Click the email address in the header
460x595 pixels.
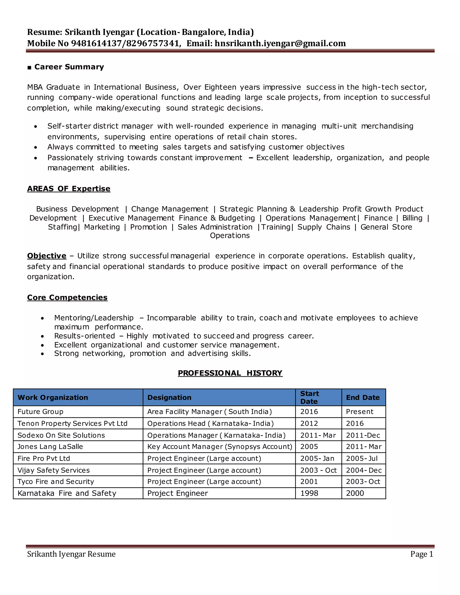[280, 43]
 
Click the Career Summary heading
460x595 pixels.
[69, 67]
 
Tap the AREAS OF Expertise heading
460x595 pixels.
[69, 189]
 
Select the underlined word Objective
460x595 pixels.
[46, 256]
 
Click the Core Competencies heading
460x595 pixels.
[67, 297]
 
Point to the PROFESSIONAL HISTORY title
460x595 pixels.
[230, 373]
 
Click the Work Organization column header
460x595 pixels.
[53, 397]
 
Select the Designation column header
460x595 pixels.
[169, 397]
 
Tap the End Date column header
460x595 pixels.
[363, 397]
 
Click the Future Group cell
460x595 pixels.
[40, 412]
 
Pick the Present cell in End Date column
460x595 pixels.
[359, 412]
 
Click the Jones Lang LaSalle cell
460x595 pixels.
[50, 447]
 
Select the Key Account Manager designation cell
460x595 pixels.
[220, 447]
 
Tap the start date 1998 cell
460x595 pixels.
[309, 493]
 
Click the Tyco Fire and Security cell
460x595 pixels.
[56, 481]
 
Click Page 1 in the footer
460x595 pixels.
[422, 554]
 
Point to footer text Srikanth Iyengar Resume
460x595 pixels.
[71, 554]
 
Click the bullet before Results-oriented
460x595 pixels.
[42, 337]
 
